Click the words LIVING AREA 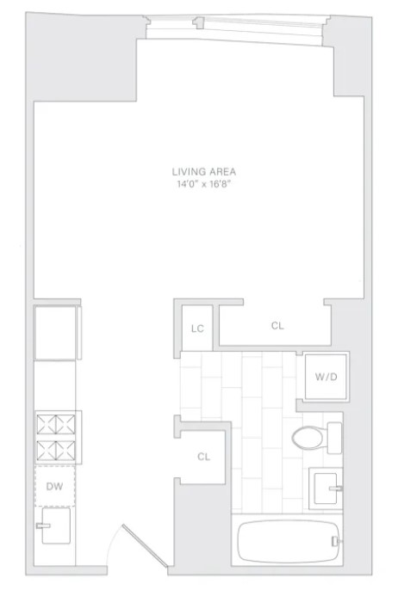coord(203,170)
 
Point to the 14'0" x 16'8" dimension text coord(203,182)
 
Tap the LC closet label coord(196,328)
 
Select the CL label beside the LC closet coord(277,326)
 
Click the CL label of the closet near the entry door coord(204,457)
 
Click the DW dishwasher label coord(53,487)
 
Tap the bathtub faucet coord(336,541)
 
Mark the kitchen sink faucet coord(43,521)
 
